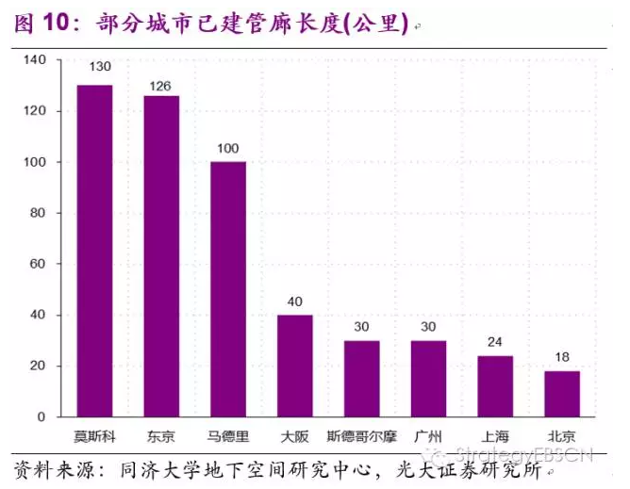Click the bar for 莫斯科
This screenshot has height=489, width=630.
click(94, 251)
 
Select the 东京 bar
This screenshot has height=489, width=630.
click(161, 256)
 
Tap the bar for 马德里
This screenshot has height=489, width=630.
click(228, 289)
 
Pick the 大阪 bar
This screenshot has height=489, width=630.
click(294, 366)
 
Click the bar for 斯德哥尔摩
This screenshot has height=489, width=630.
click(361, 379)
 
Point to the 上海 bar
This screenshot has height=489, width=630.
click(495, 386)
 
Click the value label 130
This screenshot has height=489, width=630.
click(100, 67)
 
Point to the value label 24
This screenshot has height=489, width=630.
click(495, 342)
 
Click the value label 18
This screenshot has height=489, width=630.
click(562, 357)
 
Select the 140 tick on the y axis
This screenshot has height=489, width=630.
click(34, 60)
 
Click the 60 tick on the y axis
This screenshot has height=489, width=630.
click(38, 264)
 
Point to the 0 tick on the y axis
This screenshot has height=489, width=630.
click(41, 416)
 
